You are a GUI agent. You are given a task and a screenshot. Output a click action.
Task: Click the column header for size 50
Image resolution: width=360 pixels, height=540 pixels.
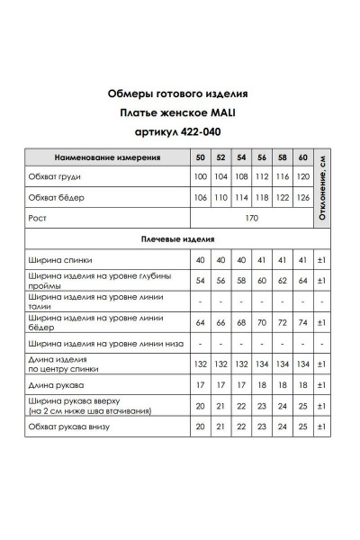tap(200, 157)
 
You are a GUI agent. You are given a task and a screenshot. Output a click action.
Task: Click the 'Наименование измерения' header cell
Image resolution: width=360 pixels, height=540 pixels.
tap(107, 157)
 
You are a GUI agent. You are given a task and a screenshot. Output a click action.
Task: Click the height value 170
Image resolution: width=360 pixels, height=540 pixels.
tap(251, 217)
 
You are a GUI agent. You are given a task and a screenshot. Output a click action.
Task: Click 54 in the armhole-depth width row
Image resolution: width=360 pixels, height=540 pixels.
tap(200, 280)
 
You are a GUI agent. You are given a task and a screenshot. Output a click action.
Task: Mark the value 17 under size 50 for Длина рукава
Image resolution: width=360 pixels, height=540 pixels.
tap(200, 384)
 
